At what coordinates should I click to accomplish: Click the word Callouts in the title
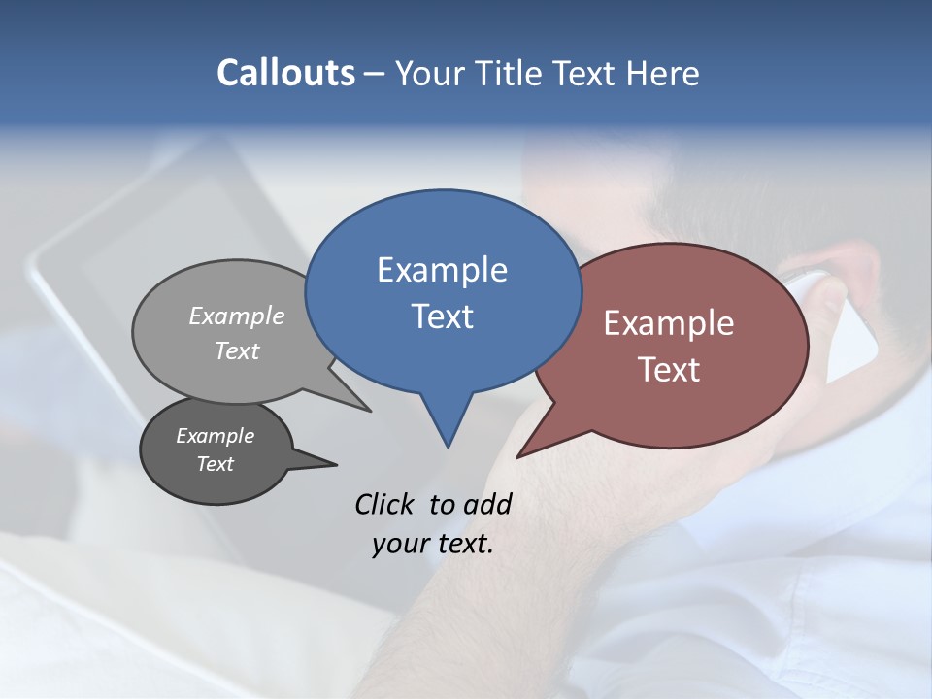tap(285, 73)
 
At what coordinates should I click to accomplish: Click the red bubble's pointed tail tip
tap(518, 456)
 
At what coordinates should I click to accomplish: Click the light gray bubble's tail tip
tap(369, 411)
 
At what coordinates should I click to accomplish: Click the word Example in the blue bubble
tap(442, 270)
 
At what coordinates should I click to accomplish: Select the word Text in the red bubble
tap(669, 370)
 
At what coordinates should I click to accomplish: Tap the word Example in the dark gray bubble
tap(215, 436)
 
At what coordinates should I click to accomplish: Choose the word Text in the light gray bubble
tap(237, 350)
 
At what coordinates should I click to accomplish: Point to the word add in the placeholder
tap(487, 504)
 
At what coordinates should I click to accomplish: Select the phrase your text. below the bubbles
tap(432, 544)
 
